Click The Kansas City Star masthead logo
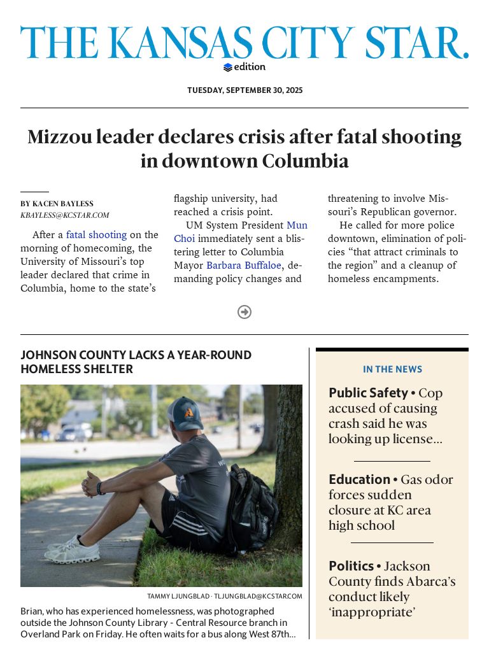244,43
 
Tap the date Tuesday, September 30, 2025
244,90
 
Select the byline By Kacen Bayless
57,204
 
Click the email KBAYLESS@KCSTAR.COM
64,215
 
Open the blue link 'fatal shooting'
96,235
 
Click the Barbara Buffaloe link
243,266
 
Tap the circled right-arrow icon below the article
244,312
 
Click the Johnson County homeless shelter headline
136,362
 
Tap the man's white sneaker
73,550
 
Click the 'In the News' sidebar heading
392,369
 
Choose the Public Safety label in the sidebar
368,393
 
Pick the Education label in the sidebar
359,479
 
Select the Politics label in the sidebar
351,566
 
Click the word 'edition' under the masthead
249,67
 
